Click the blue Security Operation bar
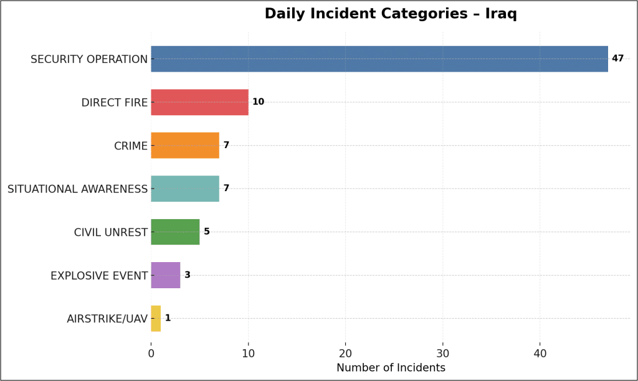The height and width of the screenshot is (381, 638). (379, 59)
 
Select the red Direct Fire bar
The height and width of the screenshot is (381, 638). (199, 102)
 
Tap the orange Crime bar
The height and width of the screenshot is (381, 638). (185, 145)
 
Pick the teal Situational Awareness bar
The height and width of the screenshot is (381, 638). (185, 189)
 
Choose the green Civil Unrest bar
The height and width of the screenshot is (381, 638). (175, 232)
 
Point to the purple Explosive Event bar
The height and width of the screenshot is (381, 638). (166, 275)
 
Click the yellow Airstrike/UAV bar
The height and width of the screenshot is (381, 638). (156, 318)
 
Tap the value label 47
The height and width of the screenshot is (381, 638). (617, 59)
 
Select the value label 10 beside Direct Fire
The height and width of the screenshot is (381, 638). (258, 102)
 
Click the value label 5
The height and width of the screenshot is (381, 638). (207, 232)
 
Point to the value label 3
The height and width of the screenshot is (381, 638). (188, 275)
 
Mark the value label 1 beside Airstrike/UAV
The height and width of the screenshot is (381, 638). (168, 318)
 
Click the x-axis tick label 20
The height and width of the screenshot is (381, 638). (345, 353)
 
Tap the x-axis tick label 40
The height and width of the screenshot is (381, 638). (540, 353)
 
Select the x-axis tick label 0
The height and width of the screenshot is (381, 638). (151, 353)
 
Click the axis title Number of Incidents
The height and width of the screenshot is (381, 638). (391, 368)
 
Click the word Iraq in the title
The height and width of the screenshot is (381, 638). (501, 14)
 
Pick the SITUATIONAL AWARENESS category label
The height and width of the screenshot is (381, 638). (77, 189)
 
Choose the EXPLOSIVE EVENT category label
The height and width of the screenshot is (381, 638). (99, 275)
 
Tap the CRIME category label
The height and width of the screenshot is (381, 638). (131, 146)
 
